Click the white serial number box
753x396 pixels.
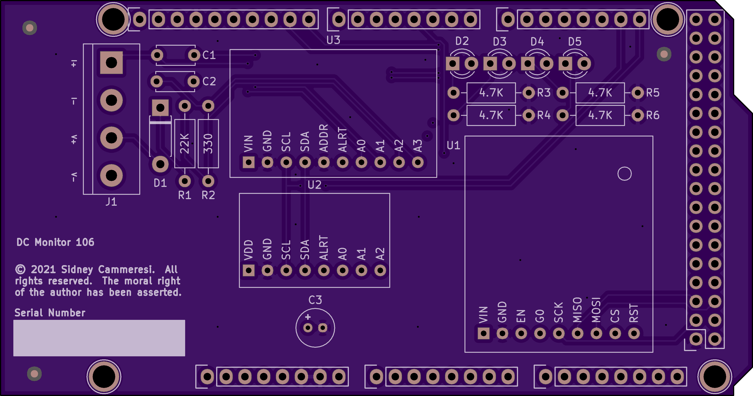(99, 338)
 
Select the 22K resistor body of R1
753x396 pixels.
(185, 144)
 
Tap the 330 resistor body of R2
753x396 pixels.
(208, 144)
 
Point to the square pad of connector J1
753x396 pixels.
(111, 63)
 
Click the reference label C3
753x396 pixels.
(315, 300)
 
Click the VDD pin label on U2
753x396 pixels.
(248, 250)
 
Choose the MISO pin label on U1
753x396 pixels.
(577, 310)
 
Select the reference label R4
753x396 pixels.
(544, 115)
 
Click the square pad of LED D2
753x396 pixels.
(452, 64)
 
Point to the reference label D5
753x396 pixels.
(575, 42)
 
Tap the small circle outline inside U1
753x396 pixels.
(625, 174)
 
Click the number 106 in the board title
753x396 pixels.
(85, 242)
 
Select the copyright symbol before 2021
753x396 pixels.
(20, 269)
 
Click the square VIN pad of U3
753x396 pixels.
(249, 162)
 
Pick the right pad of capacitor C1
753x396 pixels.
(194, 55)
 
